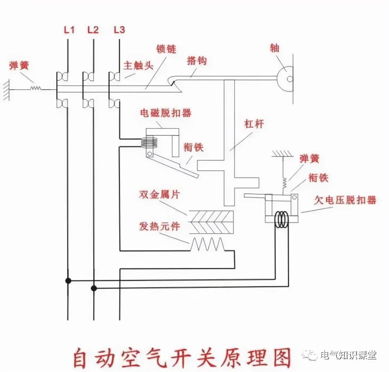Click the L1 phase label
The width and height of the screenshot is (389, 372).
coord(69,30)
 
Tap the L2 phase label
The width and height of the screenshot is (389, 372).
coord(93,30)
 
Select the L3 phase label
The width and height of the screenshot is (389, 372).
coord(119,30)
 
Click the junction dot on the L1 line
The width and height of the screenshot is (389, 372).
coord(68,280)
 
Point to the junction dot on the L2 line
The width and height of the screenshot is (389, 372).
coord(94,288)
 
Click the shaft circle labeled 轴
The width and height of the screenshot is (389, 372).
coord(287,78)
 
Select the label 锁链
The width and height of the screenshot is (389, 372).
coord(166,49)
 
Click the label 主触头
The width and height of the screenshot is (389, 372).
coord(139,66)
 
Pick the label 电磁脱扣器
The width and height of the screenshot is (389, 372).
coord(166,113)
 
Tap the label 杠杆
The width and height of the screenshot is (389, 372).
coord(254,124)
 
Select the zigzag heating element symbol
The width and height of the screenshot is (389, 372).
coord(208,244)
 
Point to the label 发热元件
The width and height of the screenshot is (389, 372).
coord(159,226)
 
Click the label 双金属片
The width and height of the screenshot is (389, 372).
coord(159,195)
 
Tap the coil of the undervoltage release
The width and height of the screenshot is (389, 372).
coord(281,219)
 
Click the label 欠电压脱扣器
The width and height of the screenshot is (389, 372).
coord(345,200)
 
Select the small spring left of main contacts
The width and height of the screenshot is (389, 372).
coord(35,87)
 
